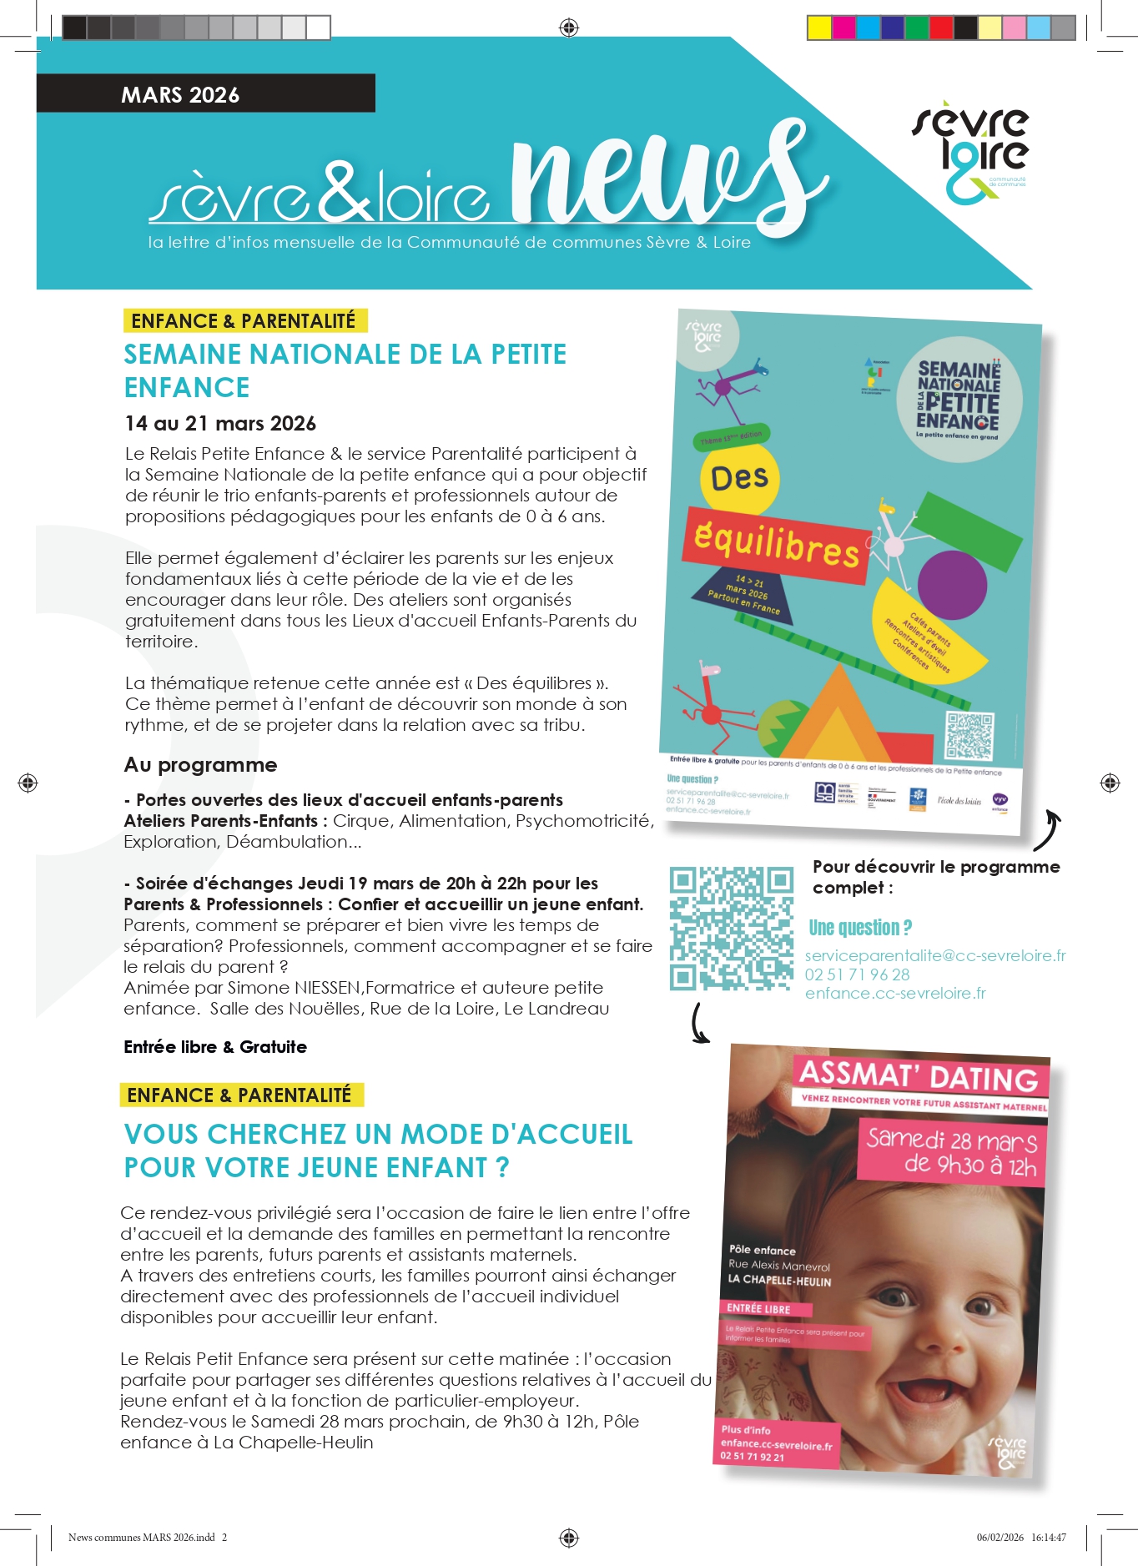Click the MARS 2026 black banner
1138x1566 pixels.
point(205,93)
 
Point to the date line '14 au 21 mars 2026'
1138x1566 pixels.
point(220,424)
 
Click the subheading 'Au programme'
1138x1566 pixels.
point(200,765)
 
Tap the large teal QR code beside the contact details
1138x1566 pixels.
point(731,928)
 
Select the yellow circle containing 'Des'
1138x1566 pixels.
point(739,479)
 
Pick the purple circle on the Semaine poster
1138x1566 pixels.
point(952,585)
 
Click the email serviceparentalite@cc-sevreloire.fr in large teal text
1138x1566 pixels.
point(935,956)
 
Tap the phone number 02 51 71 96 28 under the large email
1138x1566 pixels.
point(857,974)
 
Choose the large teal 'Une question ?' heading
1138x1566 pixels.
point(860,928)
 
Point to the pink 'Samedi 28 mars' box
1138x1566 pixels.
point(952,1151)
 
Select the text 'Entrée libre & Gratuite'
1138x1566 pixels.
point(215,1047)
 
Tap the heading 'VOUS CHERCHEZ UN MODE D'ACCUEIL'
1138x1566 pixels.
point(378,1135)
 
